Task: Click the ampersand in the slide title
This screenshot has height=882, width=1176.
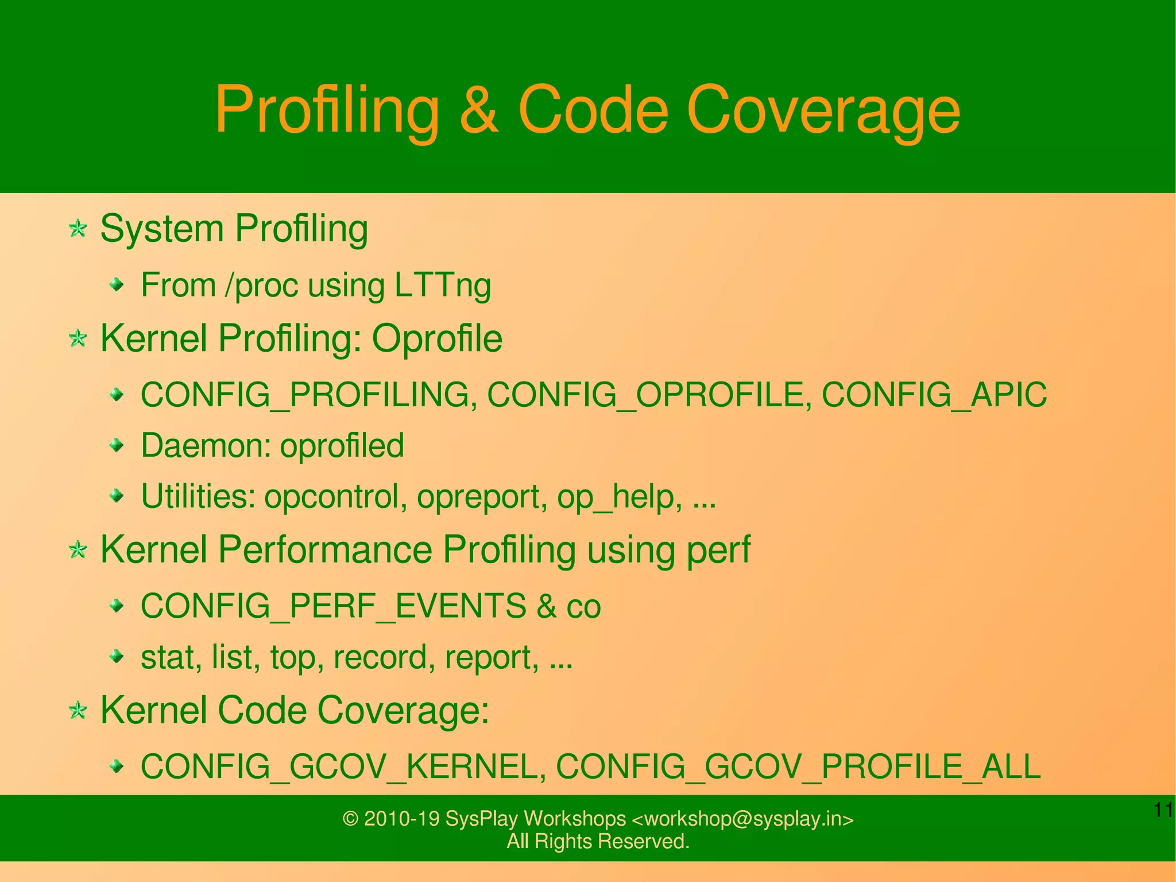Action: pos(478,109)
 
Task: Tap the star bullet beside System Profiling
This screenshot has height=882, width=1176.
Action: pos(78,229)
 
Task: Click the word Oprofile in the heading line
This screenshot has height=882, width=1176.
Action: pos(437,338)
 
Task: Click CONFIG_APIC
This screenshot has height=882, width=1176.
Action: pos(934,395)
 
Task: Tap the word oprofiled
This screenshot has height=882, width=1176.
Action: pos(342,445)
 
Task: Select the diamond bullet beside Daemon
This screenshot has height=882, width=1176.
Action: pos(117,445)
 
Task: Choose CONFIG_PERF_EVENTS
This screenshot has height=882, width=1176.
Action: pos(334,606)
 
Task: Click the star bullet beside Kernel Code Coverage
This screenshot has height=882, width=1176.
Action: pos(78,711)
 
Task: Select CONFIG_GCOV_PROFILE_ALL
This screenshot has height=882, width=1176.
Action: pos(798,766)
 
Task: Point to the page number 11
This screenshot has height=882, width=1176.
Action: pos(1163,811)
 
